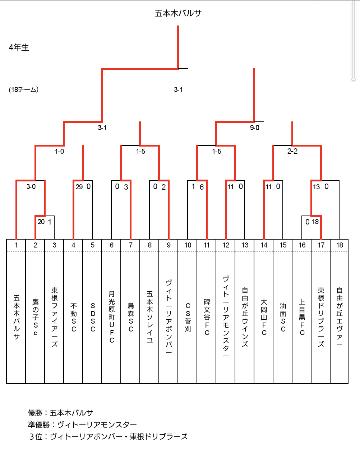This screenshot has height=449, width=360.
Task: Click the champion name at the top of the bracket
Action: [x=178, y=13]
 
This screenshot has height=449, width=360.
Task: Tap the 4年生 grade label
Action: [x=19, y=47]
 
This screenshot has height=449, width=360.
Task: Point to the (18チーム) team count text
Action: [x=24, y=89]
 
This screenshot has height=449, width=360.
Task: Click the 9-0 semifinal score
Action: [x=255, y=128]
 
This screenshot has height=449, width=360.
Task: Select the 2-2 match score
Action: [x=292, y=151]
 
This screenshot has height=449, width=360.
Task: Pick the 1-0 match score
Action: [x=60, y=151]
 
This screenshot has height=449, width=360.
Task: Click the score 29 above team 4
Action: [x=79, y=187]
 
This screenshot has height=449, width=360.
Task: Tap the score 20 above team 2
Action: [x=41, y=222]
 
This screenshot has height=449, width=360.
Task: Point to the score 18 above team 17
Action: [x=315, y=222]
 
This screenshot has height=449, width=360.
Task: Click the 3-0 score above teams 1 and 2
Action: [x=31, y=186]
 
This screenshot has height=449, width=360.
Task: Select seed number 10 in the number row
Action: [x=188, y=245]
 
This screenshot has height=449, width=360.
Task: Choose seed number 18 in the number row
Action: [x=340, y=245]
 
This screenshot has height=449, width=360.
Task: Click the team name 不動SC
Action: [x=73, y=317]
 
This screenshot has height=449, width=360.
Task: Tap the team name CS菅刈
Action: [x=188, y=317]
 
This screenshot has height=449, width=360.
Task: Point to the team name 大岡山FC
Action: [x=264, y=317]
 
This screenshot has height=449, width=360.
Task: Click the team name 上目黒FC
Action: [x=302, y=317]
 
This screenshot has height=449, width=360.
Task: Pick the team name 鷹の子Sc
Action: [x=36, y=317]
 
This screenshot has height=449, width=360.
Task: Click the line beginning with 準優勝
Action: [x=82, y=425]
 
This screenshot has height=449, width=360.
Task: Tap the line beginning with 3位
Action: [x=108, y=436]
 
